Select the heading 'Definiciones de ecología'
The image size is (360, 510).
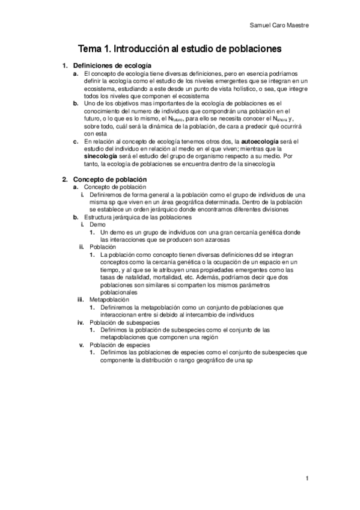pyautogui.click(x=112, y=65)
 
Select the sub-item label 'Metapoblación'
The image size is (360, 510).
pyautogui.click(x=109, y=299)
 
